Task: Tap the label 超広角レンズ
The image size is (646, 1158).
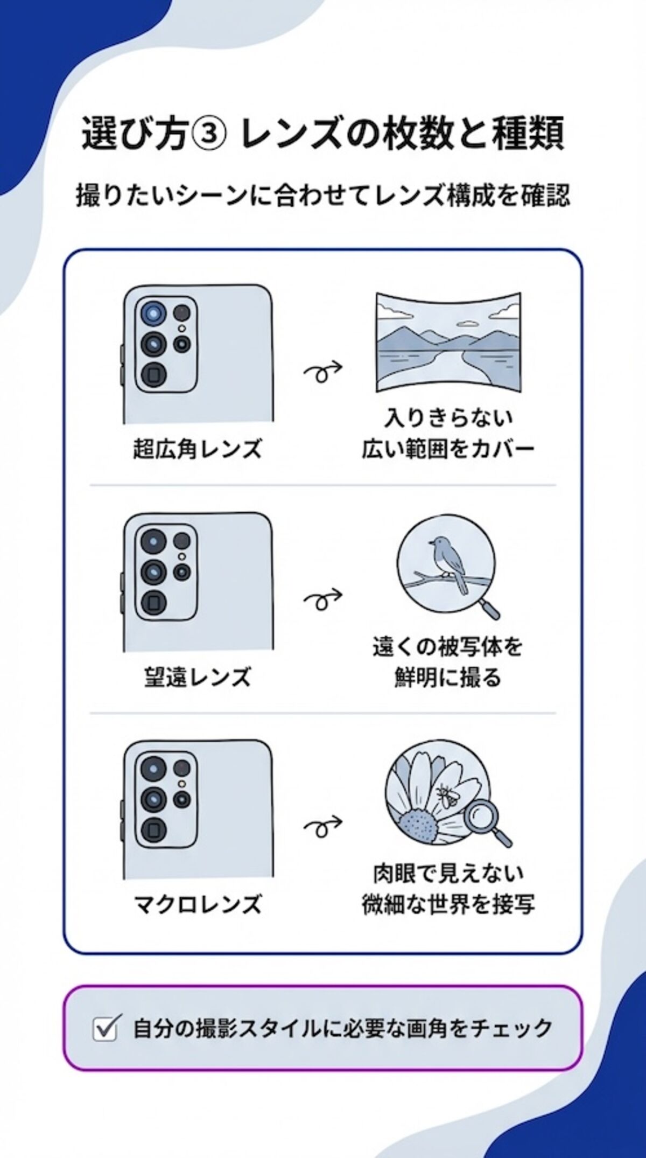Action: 197,449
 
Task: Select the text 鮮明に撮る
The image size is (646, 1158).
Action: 448,677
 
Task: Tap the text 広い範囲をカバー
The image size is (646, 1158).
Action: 448,449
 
